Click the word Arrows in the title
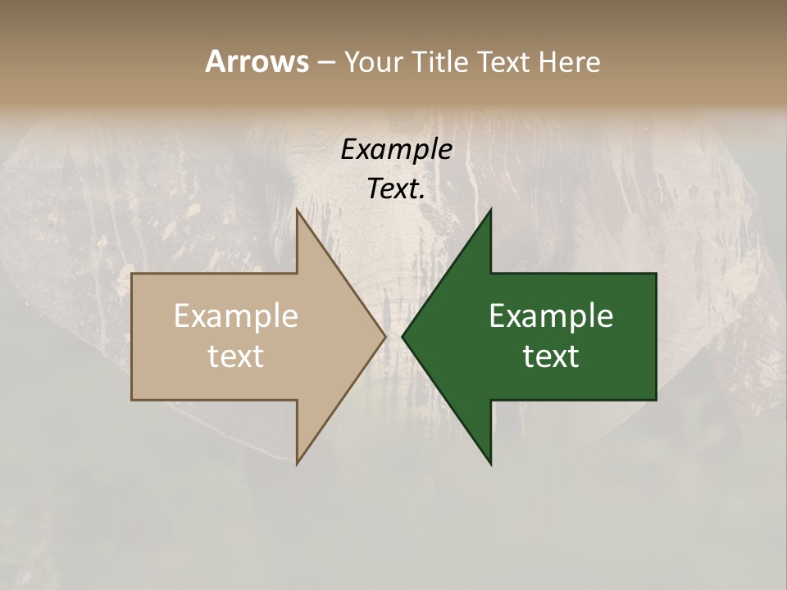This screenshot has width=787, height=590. pos(256,61)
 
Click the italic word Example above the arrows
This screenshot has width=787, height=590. pos(396,150)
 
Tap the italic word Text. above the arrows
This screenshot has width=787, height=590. pos(396,189)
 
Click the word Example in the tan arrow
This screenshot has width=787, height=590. pos(236,316)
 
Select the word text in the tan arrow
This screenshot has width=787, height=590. pos(236,356)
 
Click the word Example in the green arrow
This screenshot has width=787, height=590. pos(551,316)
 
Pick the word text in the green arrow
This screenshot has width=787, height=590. pos(551,356)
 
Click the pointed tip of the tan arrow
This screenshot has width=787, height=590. pos(384,336)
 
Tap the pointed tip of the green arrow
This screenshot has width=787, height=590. pos(403,336)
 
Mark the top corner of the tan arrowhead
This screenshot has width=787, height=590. pos(298,211)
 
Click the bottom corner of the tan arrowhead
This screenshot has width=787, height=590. pos(298,463)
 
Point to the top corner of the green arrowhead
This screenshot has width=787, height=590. pos(490,211)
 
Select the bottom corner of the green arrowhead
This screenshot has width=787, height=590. pos(490,463)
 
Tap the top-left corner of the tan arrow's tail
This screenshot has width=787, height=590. pos(133,275)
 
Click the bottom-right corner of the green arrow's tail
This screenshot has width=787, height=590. pos(655,399)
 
